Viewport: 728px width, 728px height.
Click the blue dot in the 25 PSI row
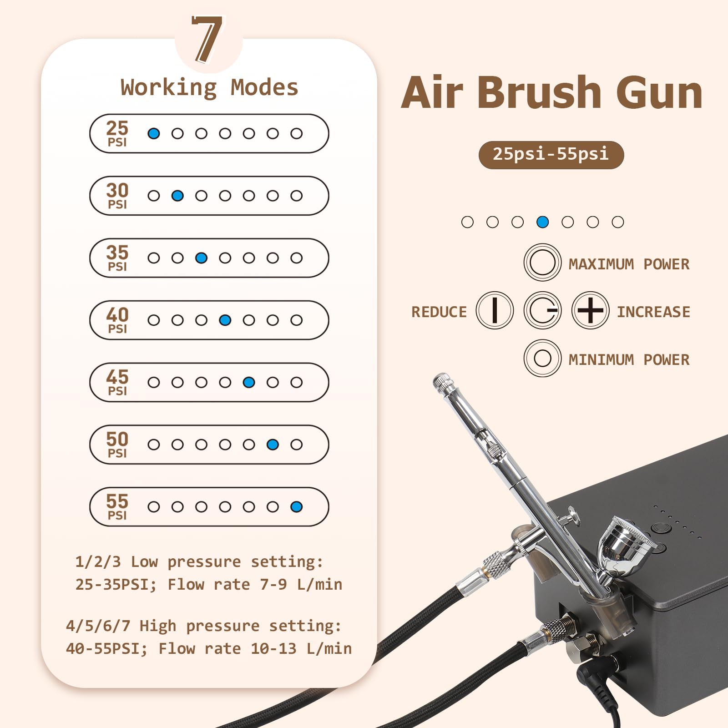[154, 133]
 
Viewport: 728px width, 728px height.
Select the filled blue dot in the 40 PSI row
[225, 320]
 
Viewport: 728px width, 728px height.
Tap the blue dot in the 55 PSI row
[296, 507]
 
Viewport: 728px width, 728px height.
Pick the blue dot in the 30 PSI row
[177, 196]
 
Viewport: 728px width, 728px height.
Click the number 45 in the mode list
[117, 377]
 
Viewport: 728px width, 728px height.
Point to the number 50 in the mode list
[117, 439]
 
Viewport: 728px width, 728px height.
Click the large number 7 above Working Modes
[207, 39]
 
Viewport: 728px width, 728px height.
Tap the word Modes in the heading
[264, 87]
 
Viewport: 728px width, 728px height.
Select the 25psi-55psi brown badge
[551, 155]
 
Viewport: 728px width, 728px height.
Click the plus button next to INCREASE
[591, 310]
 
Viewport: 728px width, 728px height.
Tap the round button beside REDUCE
[495, 310]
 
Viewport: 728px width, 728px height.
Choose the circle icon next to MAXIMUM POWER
[542, 262]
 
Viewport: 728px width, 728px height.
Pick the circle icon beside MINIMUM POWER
[542, 358]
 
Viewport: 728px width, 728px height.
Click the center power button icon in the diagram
[542, 310]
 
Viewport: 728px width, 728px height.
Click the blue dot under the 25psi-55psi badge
[542, 222]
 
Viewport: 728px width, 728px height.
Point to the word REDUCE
[439, 312]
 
